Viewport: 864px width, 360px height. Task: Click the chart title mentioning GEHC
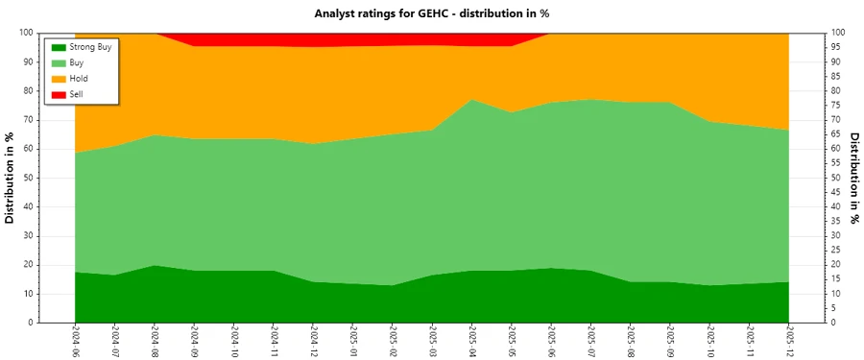pyautogui.click(x=431, y=13)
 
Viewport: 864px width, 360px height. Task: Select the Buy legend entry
pyautogui.click(x=77, y=62)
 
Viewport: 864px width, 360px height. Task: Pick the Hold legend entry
pyautogui.click(x=79, y=79)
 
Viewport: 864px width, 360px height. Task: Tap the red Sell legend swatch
pyautogui.click(x=59, y=94)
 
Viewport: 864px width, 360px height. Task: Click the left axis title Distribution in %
pyautogui.click(x=11, y=178)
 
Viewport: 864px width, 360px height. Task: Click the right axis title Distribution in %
pyautogui.click(x=853, y=178)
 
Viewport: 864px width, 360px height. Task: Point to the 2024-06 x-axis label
pyautogui.click(x=75, y=341)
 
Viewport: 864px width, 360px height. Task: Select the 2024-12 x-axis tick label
pyautogui.click(x=313, y=341)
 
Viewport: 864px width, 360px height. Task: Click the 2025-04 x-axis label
pyautogui.click(x=471, y=341)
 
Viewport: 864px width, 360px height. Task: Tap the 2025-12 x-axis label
pyautogui.click(x=788, y=341)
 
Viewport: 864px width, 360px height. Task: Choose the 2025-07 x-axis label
pyautogui.click(x=590, y=341)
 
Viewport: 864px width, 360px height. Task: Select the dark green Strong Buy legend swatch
pyautogui.click(x=59, y=46)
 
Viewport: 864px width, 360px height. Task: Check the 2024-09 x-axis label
pyautogui.click(x=194, y=341)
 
